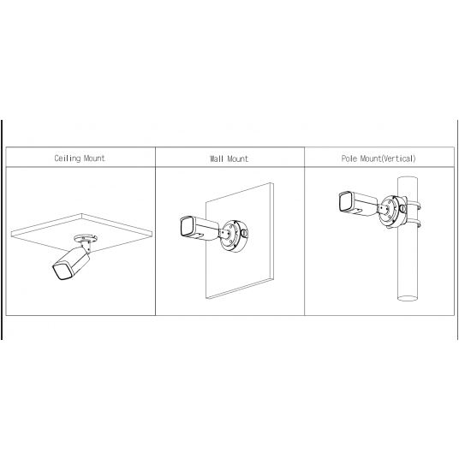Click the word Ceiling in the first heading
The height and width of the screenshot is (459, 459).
click(x=68, y=158)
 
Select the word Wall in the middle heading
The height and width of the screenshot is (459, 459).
click(x=218, y=159)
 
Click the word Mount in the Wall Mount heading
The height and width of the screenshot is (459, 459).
click(x=238, y=159)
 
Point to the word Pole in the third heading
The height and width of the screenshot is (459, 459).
click(x=349, y=158)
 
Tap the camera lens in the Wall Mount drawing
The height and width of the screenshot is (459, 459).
click(x=185, y=229)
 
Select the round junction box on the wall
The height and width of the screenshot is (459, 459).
click(x=235, y=236)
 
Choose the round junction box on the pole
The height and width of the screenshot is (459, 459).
click(x=390, y=210)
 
